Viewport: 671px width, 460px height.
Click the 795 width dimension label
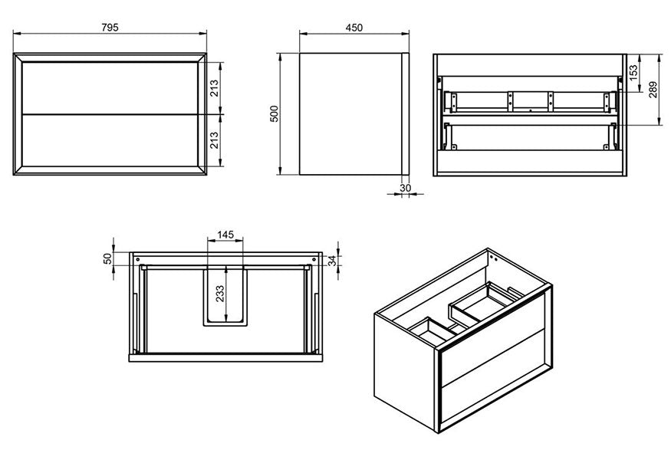(x=110, y=28)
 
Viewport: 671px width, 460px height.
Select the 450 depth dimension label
(x=354, y=28)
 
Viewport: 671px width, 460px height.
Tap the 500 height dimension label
(x=273, y=113)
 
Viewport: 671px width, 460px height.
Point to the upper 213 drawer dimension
(x=215, y=88)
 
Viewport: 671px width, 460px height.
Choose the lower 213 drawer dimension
(x=215, y=140)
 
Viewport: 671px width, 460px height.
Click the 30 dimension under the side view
(x=406, y=187)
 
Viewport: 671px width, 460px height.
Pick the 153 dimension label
(x=633, y=72)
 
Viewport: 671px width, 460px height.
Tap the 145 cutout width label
(x=225, y=235)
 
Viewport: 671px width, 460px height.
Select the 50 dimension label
(x=107, y=259)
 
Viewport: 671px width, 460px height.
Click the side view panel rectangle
(x=350, y=113)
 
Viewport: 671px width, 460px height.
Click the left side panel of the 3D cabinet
(x=405, y=368)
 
